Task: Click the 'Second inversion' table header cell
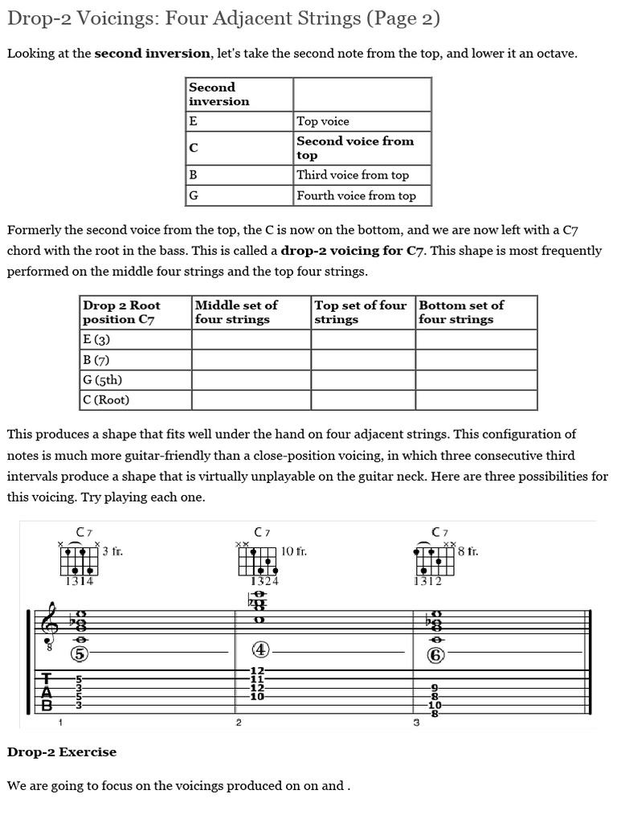click(x=219, y=94)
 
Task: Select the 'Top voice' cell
click(x=323, y=121)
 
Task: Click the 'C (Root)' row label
click(x=106, y=399)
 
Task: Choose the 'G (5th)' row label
click(x=102, y=379)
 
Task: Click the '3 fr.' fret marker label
click(x=112, y=551)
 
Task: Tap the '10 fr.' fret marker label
click(x=293, y=551)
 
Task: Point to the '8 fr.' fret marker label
click(x=468, y=551)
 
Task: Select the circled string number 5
click(x=80, y=653)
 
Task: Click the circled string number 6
click(x=435, y=654)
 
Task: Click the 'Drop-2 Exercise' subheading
click(x=62, y=752)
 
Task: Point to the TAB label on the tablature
click(x=48, y=692)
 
